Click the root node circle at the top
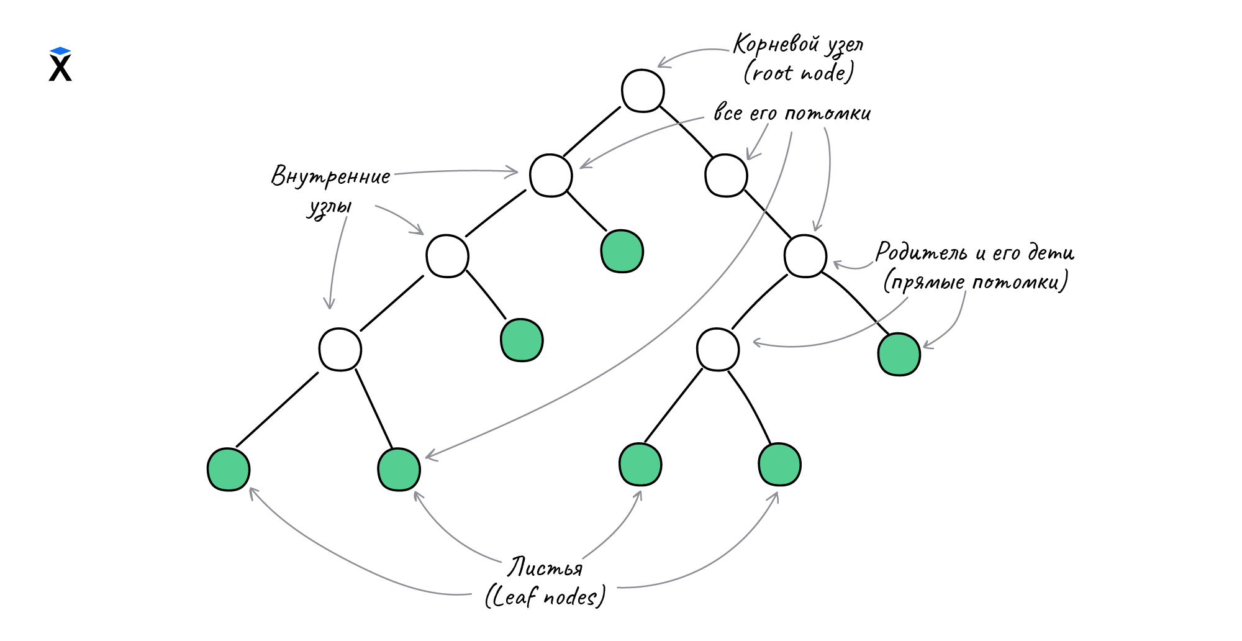pos(643,91)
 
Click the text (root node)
pos(799,73)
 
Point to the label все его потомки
pos(792,114)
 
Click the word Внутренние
pos(331,176)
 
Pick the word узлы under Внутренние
pos(330,207)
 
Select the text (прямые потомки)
pos(976,282)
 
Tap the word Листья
pos(545,568)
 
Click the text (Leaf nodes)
pos(545,597)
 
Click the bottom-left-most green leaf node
pos(229,470)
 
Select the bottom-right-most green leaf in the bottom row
pos(779,465)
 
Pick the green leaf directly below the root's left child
pos(622,252)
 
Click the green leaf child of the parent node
pos(899,354)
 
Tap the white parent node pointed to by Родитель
pos(805,256)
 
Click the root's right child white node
pos(726,176)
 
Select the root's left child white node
pos(551,176)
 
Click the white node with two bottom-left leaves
pos(340,350)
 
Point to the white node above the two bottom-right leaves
pos(718,350)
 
